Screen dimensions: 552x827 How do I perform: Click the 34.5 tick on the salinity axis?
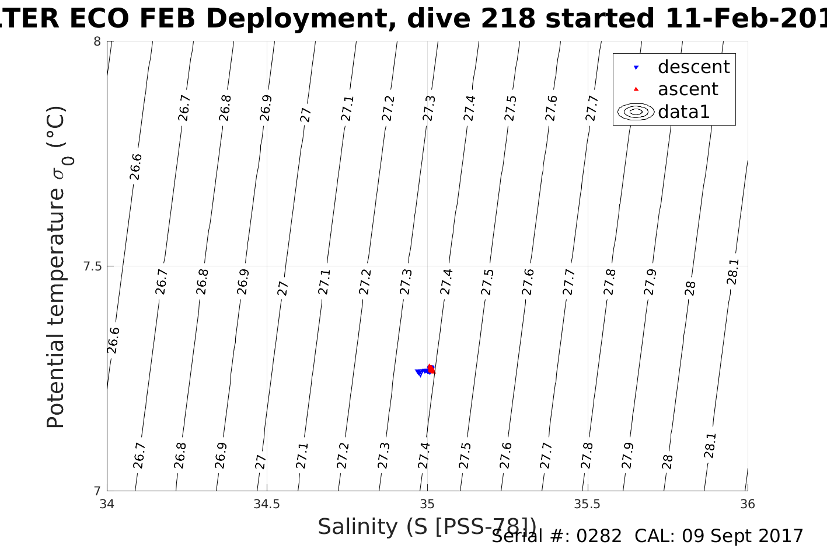tap(267, 504)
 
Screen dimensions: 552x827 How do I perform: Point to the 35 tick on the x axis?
tap(427, 504)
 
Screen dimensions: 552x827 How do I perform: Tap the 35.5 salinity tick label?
tap(587, 504)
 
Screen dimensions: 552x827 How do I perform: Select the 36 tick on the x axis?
tap(747, 504)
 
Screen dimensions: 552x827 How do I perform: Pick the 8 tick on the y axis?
tap(97, 41)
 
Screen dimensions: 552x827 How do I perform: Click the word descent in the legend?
tap(693, 67)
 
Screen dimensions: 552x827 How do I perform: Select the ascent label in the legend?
tap(688, 89)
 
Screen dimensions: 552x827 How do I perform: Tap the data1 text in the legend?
tap(683, 112)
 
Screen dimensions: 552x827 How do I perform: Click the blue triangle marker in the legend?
tap(636, 68)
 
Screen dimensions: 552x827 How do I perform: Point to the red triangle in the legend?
tap(636, 89)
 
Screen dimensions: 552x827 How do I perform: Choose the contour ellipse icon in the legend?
tap(636, 112)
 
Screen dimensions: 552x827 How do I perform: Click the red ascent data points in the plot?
tap(431, 369)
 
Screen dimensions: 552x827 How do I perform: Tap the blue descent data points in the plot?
tap(420, 372)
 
